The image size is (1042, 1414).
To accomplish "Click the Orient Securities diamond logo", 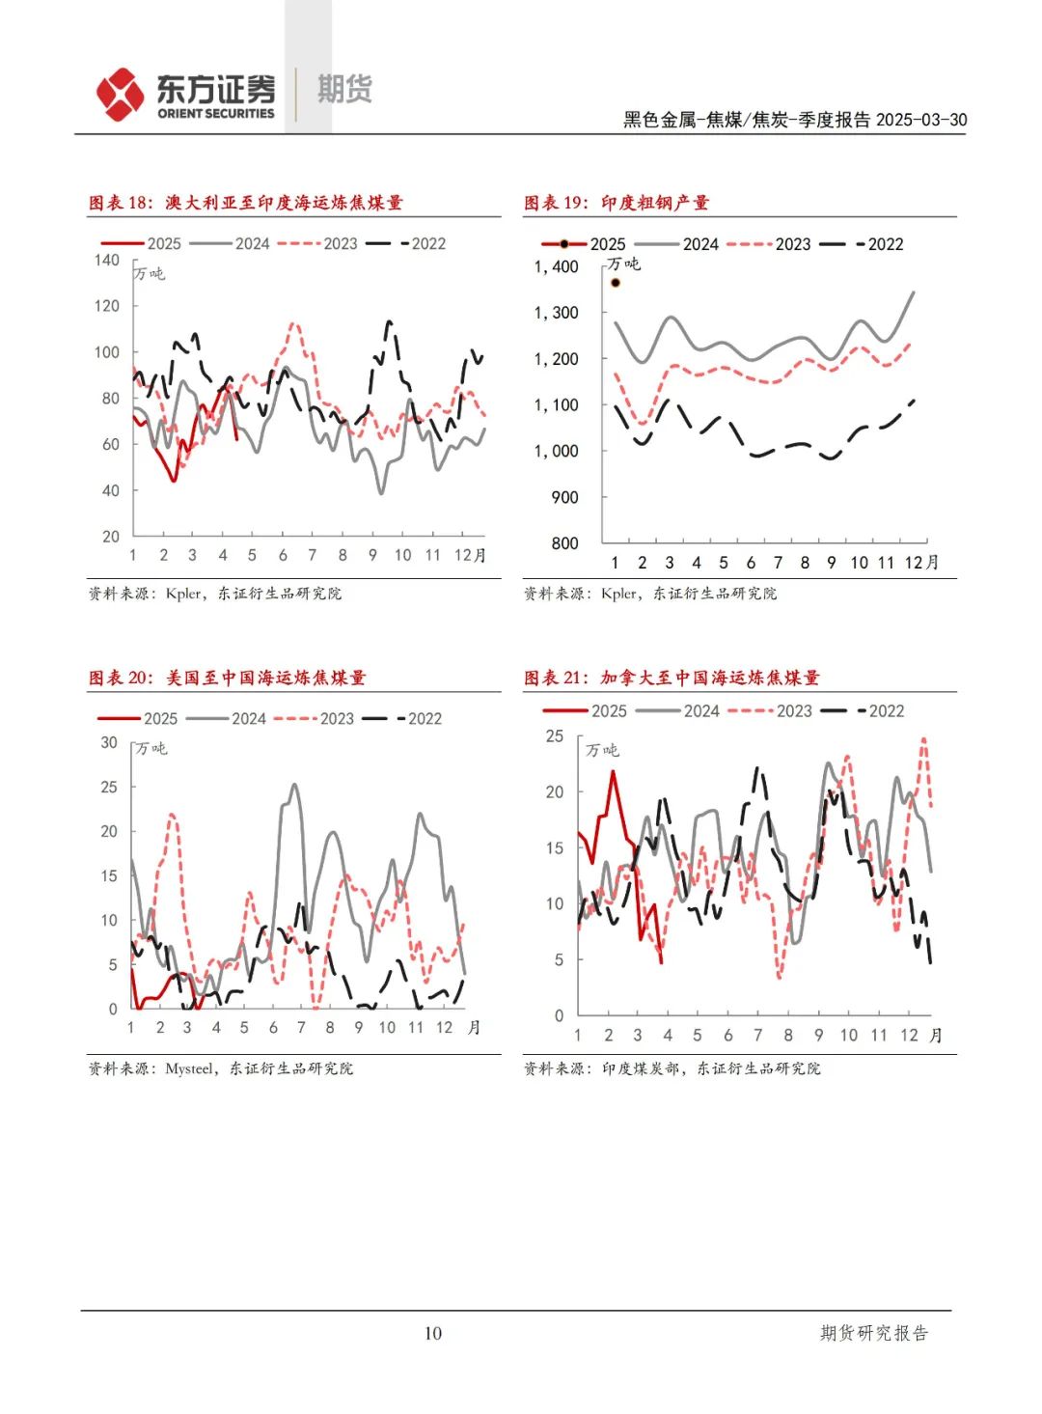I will tap(120, 95).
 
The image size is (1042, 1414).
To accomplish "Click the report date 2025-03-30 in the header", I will tap(921, 120).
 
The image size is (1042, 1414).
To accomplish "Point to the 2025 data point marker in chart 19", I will tap(616, 283).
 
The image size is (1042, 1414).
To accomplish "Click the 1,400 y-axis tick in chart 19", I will tap(557, 266).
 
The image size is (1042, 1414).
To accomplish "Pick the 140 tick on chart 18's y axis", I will tap(107, 260).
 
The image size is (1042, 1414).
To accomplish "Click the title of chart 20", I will tap(228, 678).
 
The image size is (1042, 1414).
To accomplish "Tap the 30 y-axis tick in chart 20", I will tap(109, 742).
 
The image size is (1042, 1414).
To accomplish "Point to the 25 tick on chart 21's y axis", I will tap(555, 735).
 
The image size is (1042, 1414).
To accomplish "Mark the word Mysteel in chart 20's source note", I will tap(189, 1068).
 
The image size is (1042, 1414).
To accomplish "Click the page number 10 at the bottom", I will tap(433, 1333).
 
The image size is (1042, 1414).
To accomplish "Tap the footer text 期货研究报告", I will tap(874, 1333).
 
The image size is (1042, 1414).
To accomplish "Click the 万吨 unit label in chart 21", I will tap(602, 750).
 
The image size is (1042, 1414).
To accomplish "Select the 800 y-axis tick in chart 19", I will tap(564, 543).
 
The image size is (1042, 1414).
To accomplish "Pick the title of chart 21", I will tap(672, 678).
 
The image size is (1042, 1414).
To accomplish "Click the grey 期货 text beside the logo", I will tap(344, 90).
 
